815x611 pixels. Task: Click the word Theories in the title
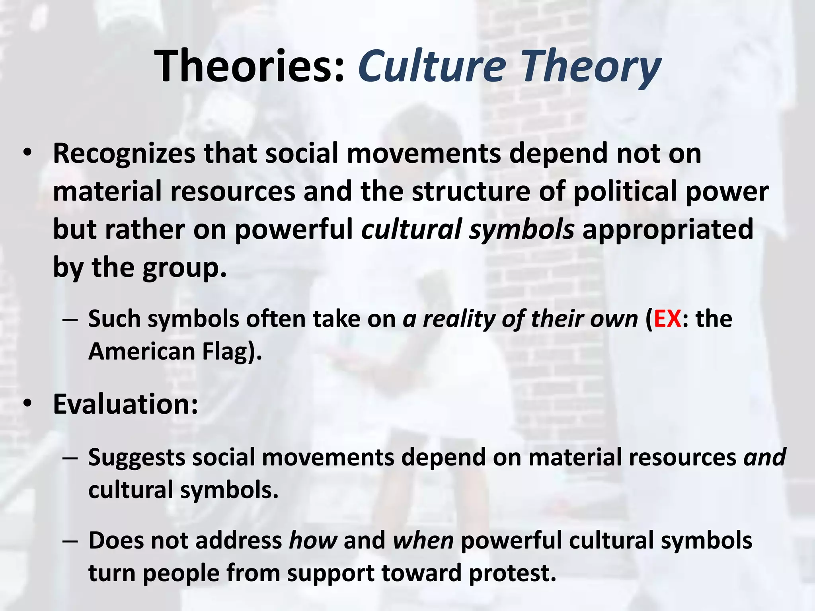[249, 66]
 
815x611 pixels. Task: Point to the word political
[625, 191]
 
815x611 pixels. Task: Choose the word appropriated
[668, 230]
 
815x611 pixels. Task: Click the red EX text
[667, 319]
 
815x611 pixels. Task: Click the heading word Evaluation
[125, 404]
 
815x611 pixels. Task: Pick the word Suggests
[136, 457]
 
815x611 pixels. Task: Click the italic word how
[313, 541]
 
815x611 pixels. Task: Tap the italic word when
[423, 541]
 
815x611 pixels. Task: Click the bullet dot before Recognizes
[27, 153]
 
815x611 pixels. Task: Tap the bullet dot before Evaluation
[27, 404]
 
